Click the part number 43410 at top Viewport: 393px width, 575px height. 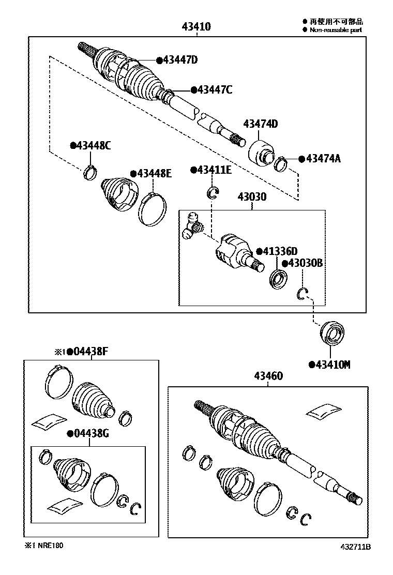tap(196, 26)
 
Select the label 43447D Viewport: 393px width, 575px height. tap(180, 60)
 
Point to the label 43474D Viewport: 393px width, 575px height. tap(261, 124)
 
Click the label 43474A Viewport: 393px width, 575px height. tap(323, 158)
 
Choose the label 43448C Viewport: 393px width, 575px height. tap(94, 146)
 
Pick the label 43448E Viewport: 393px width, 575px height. tap(154, 173)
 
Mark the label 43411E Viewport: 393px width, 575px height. tap(214, 170)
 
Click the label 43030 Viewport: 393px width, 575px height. tap(252, 197)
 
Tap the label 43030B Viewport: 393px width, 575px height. tap(305, 263)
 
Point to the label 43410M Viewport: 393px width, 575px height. tap(332, 365)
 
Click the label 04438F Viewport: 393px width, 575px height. tap(90, 352)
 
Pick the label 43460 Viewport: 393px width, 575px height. tap(268, 376)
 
